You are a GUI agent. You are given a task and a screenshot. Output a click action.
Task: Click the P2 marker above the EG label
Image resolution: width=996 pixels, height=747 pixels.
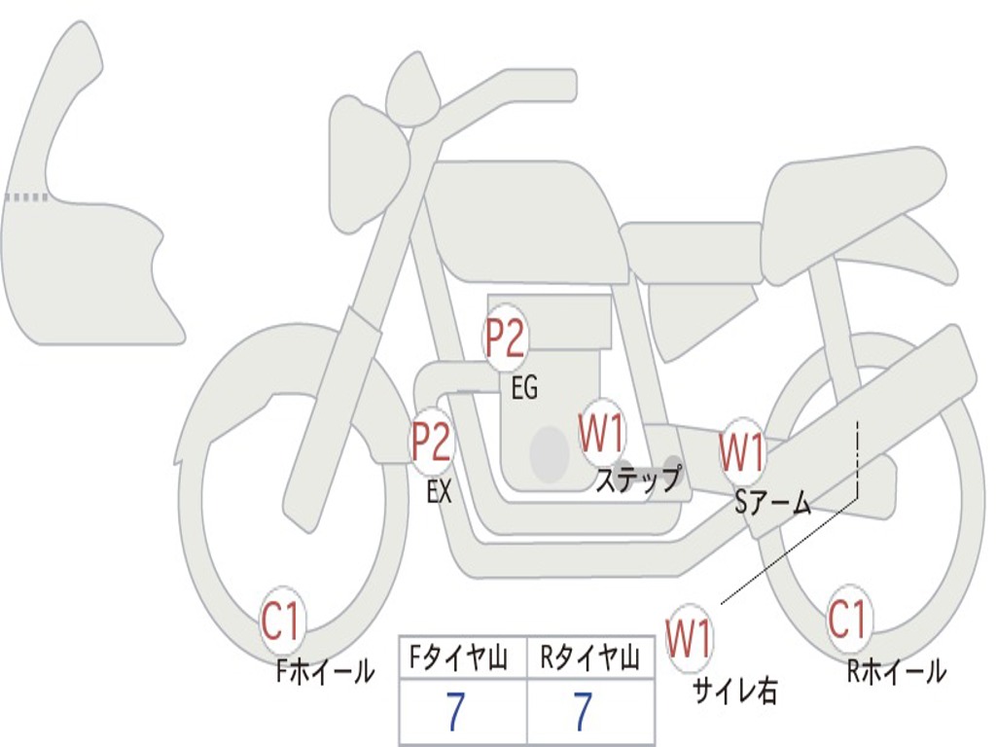[505, 338]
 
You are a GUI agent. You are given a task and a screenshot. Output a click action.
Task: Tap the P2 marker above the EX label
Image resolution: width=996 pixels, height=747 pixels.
[432, 441]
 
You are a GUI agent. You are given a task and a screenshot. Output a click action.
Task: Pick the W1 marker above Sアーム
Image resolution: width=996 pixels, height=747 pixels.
[741, 451]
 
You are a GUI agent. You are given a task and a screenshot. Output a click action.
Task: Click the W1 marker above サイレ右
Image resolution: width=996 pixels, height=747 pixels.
[690, 637]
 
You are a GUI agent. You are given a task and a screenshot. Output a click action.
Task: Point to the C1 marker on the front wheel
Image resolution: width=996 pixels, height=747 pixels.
[281, 620]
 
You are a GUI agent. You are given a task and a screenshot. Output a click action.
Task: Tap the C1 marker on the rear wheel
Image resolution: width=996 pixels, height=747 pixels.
[847, 618]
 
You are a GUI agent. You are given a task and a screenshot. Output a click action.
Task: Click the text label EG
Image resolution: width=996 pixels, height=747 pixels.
[524, 387]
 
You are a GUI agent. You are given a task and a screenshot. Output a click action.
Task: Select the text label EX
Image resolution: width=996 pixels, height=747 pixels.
[440, 490]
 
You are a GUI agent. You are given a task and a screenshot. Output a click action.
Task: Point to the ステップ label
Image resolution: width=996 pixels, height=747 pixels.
[638, 479]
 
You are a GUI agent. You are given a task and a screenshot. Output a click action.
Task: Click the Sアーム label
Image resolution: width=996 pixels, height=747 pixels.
[773, 503]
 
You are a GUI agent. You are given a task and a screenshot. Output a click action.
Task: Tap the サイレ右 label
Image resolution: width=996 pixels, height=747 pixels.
[735, 691]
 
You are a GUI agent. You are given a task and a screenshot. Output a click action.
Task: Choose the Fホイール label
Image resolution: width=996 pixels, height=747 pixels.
[325, 671]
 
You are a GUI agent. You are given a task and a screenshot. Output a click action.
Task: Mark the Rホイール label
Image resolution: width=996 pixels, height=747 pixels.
[897, 671]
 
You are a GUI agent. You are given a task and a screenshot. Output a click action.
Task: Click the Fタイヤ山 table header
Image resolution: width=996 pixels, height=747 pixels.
[459, 658]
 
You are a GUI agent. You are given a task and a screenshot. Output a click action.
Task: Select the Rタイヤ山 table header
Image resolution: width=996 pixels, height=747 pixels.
[590, 658]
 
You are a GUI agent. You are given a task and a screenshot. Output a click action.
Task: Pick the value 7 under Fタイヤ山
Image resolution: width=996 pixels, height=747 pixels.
[455, 711]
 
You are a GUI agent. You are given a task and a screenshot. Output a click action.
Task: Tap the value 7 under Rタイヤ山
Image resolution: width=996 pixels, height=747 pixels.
[584, 711]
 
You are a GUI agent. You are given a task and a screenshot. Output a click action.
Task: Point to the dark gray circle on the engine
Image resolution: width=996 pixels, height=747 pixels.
[550, 453]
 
